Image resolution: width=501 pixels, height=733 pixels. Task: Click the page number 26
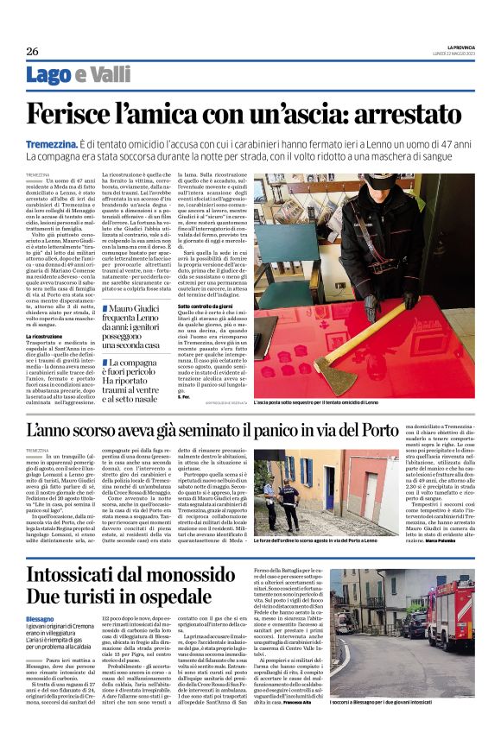pyautogui.click(x=32, y=51)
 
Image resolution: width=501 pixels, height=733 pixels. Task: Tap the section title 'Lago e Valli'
pyautogui.click(x=79, y=75)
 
